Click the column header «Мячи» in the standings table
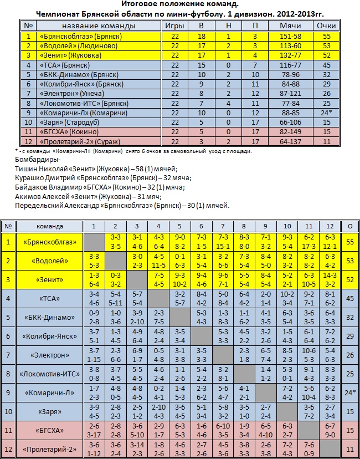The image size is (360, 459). [x=286, y=26]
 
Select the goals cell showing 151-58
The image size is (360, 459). [x=286, y=36]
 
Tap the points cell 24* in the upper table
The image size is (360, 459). [x=326, y=113]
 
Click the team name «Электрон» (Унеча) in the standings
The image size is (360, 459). [x=70, y=94]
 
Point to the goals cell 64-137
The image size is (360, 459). [x=286, y=141]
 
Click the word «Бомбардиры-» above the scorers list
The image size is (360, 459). [x=34, y=159]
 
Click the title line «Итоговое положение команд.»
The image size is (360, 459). [x=180, y=4]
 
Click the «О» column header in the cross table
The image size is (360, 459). [x=349, y=226]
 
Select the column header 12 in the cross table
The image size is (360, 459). [x=330, y=226]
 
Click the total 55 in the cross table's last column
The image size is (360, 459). [x=349, y=242]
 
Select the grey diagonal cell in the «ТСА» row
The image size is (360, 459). [x=158, y=298]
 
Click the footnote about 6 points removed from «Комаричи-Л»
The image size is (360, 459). [x=133, y=151]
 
